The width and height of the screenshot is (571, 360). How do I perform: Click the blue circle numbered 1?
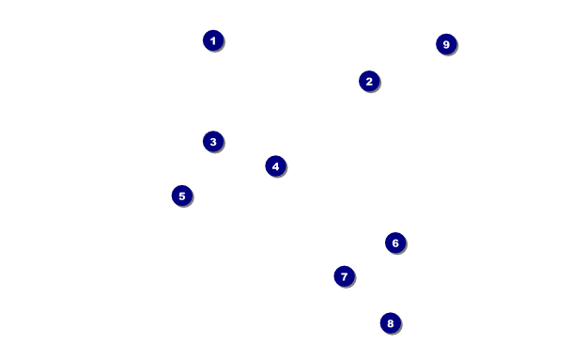213,40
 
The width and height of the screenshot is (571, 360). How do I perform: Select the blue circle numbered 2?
369,81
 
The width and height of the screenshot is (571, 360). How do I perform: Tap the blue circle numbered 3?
213,141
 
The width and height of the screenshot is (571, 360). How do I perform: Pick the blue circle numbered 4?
275,165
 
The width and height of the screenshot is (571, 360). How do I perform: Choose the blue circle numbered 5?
181,196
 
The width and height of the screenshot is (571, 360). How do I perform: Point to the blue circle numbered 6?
395,243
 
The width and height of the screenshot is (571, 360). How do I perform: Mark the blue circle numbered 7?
344,276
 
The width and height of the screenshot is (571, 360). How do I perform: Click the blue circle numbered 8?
391,322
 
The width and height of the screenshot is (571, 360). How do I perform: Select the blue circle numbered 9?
446,44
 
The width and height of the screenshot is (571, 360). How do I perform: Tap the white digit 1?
213,40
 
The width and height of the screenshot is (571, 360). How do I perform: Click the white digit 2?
369,81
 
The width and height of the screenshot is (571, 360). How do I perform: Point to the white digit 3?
213,141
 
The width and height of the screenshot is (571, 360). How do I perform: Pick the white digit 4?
275,166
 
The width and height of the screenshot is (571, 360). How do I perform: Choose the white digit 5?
182,196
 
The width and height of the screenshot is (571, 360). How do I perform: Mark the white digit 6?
395,243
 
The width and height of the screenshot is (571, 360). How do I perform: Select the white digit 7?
344,276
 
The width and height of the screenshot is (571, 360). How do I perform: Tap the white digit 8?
391,323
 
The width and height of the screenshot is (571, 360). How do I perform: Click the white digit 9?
446,44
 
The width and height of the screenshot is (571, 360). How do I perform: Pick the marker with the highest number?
446,44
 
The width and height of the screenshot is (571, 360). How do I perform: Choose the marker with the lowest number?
213,40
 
